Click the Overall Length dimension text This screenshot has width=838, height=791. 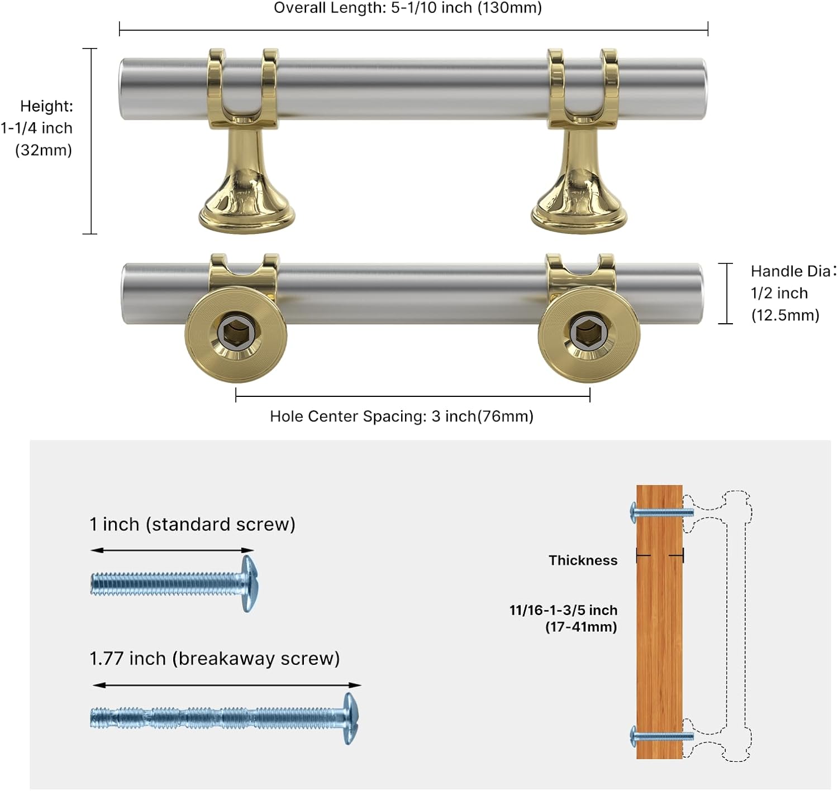(408, 8)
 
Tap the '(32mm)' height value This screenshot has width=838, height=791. (44, 150)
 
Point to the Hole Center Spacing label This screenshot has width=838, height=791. (402, 416)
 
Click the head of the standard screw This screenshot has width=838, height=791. (249, 583)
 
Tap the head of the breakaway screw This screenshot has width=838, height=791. (351, 718)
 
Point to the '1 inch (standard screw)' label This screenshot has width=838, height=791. (192, 524)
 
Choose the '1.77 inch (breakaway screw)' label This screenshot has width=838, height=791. (215, 658)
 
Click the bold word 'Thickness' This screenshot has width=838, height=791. (583, 560)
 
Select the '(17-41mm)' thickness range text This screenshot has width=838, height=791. (581, 627)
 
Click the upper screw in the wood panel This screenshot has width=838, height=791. (661, 512)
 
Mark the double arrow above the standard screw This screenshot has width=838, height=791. (172, 550)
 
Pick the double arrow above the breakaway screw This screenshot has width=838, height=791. (227, 685)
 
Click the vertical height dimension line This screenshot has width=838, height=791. (90, 141)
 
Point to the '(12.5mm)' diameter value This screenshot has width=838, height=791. (785, 315)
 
